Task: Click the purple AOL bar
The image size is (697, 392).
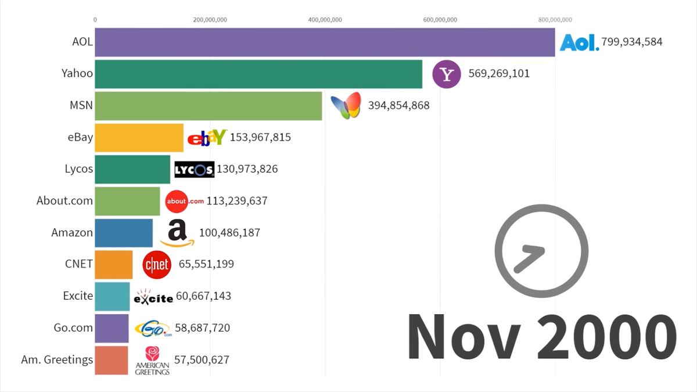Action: (x=325, y=42)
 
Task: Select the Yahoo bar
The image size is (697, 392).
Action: (x=258, y=74)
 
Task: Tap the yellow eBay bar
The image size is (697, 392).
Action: (x=139, y=138)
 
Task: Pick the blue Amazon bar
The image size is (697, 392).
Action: (x=124, y=233)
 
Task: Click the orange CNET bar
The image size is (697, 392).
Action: (x=114, y=264)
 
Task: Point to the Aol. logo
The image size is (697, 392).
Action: (x=579, y=42)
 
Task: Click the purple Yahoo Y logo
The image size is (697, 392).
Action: (x=447, y=74)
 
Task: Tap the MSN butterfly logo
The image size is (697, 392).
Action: (x=346, y=106)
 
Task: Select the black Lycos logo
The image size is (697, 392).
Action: (x=195, y=170)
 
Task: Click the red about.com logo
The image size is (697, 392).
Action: (x=185, y=202)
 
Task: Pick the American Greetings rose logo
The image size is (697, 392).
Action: (x=152, y=360)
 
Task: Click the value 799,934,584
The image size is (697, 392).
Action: (x=632, y=42)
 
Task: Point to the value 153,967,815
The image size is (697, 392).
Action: (x=260, y=138)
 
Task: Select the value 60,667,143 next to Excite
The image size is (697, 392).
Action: (x=203, y=296)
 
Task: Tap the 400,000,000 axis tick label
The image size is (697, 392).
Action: (x=325, y=20)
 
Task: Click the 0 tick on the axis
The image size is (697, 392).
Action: (x=95, y=20)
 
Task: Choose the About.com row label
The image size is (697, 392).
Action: (x=64, y=201)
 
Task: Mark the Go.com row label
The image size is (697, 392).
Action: (x=73, y=328)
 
